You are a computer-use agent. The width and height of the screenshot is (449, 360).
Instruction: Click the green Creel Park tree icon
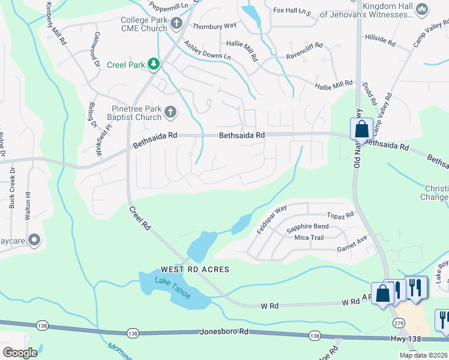pos(154,64)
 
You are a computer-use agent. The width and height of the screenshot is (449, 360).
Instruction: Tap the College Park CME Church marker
pos(176,23)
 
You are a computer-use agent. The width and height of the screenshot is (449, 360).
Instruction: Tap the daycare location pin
pos(34,241)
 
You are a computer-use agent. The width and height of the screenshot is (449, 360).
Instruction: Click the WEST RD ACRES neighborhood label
pos(194,269)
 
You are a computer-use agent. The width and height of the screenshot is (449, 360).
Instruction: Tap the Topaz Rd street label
pos(340,215)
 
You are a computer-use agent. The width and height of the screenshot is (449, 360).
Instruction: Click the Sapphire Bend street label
pos(307,227)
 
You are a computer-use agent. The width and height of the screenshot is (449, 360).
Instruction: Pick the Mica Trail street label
pos(309,238)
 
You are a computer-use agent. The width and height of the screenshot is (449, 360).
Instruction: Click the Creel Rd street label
pos(140,218)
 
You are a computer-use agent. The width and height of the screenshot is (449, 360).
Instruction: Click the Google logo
pos(19,353)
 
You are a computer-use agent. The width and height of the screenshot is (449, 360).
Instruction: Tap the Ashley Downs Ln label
pos(207,50)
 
